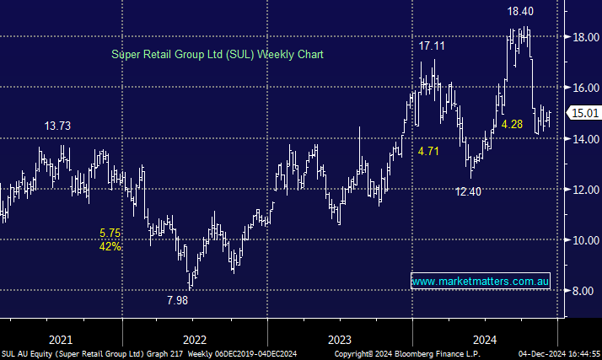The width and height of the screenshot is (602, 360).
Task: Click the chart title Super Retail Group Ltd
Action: click(218, 54)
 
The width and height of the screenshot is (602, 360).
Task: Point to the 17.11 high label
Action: click(437, 46)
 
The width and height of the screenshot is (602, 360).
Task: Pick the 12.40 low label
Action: click(470, 191)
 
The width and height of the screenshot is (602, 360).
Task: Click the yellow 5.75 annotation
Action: click(110, 233)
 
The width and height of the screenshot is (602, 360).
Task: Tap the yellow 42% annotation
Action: click(110, 247)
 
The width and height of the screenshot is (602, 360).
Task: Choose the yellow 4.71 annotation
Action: click(430, 152)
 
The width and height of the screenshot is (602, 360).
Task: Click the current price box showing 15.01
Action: click(584, 113)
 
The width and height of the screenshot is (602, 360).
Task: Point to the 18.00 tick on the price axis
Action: click(583, 36)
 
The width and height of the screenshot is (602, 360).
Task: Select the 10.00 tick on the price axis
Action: click(583, 240)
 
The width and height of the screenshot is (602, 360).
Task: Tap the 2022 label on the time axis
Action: click(194, 339)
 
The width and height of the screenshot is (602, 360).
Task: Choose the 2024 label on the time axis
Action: click(485, 339)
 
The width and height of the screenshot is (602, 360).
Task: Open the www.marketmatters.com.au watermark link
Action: click(480, 280)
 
